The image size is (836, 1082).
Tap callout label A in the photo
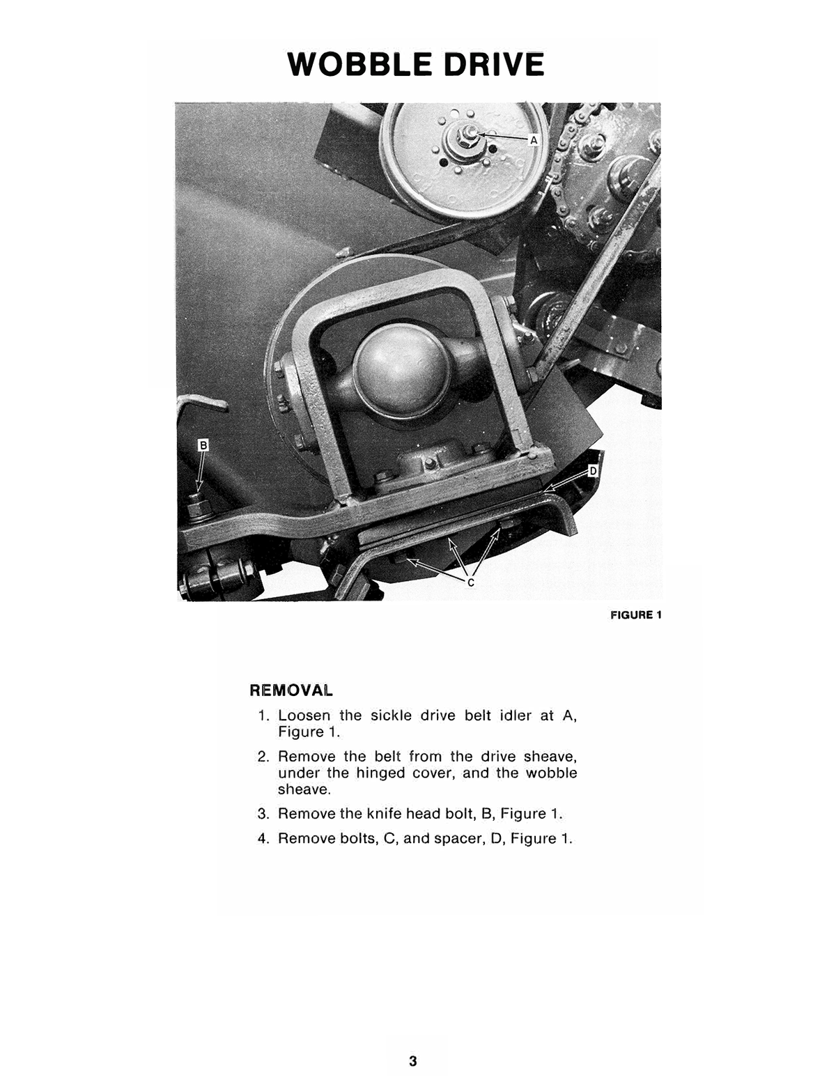pos(534,140)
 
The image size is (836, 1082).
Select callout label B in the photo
pos(203,445)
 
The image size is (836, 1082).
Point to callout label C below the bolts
pos(470,582)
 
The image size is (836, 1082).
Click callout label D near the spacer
pos(593,472)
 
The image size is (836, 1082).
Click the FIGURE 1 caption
pos(635,615)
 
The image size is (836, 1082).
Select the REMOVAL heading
pos(291,690)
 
